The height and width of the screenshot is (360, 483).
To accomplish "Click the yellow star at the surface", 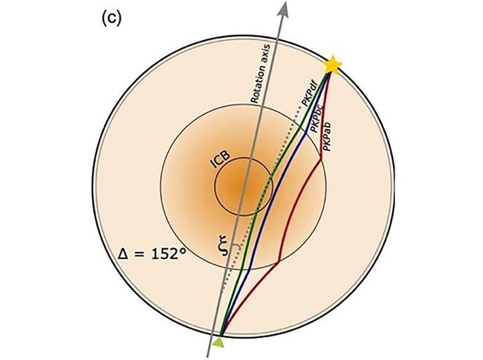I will pyautogui.click(x=332, y=65).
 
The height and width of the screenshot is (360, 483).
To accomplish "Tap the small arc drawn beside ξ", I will pyautogui.click(x=231, y=246).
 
